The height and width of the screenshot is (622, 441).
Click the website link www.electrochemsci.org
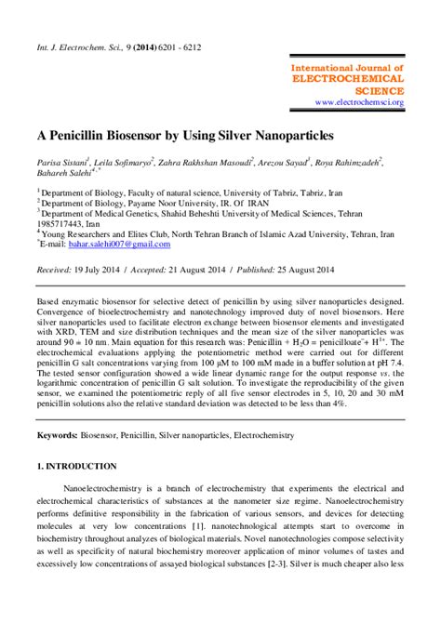tap(358, 102)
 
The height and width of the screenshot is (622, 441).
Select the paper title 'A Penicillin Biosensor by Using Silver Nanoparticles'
tap(184, 136)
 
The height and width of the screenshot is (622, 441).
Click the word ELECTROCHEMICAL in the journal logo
tap(358, 80)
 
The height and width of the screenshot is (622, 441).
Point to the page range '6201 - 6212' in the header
tap(174, 46)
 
